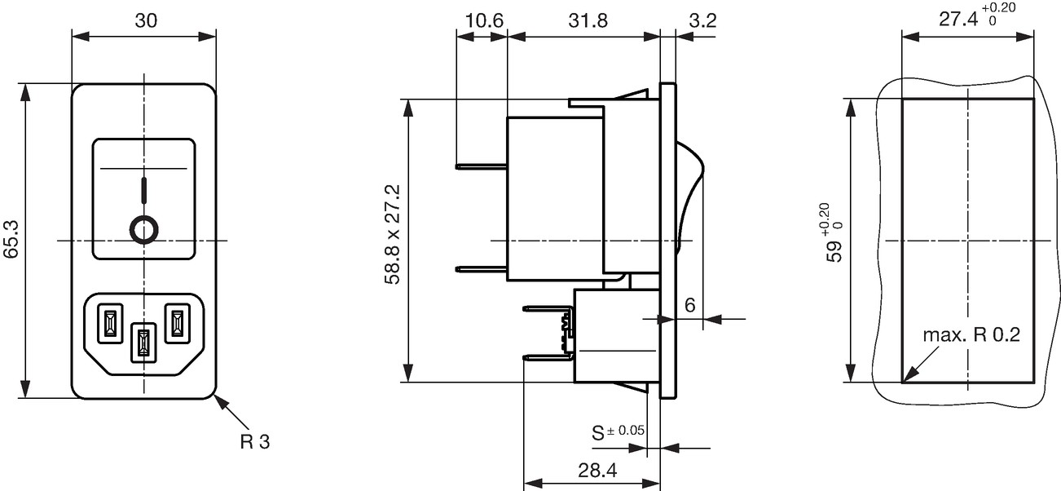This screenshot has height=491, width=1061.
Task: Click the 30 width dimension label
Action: [x=145, y=20]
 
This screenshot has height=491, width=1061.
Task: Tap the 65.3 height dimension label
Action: [x=11, y=239]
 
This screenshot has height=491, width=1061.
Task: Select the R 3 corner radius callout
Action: [x=255, y=442]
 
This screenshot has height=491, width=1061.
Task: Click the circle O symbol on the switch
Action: [x=143, y=230]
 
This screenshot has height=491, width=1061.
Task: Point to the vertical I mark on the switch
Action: [x=144, y=190]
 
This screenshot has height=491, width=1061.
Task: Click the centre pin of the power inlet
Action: [x=143, y=343]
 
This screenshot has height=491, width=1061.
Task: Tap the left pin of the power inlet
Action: [x=110, y=324]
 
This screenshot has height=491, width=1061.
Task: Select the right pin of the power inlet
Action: [x=177, y=324]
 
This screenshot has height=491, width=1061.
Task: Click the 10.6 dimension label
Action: [x=483, y=21]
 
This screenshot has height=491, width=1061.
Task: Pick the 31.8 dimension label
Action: [x=588, y=21]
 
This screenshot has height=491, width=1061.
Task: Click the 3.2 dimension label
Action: [x=703, y=21]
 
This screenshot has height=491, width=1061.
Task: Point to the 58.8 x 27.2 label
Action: [x=393, y=235]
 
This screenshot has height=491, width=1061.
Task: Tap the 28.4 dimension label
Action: [x=597, y=470]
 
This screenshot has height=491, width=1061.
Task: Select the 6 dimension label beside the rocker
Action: [x=690, y=305]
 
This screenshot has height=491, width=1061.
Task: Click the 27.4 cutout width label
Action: [x=977, y=15]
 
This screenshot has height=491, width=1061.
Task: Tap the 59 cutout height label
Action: [x=834, y=232]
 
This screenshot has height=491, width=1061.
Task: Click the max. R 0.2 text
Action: [x=971, y=335]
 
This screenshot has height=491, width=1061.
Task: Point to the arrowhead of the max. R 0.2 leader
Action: [x=904, y=381]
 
